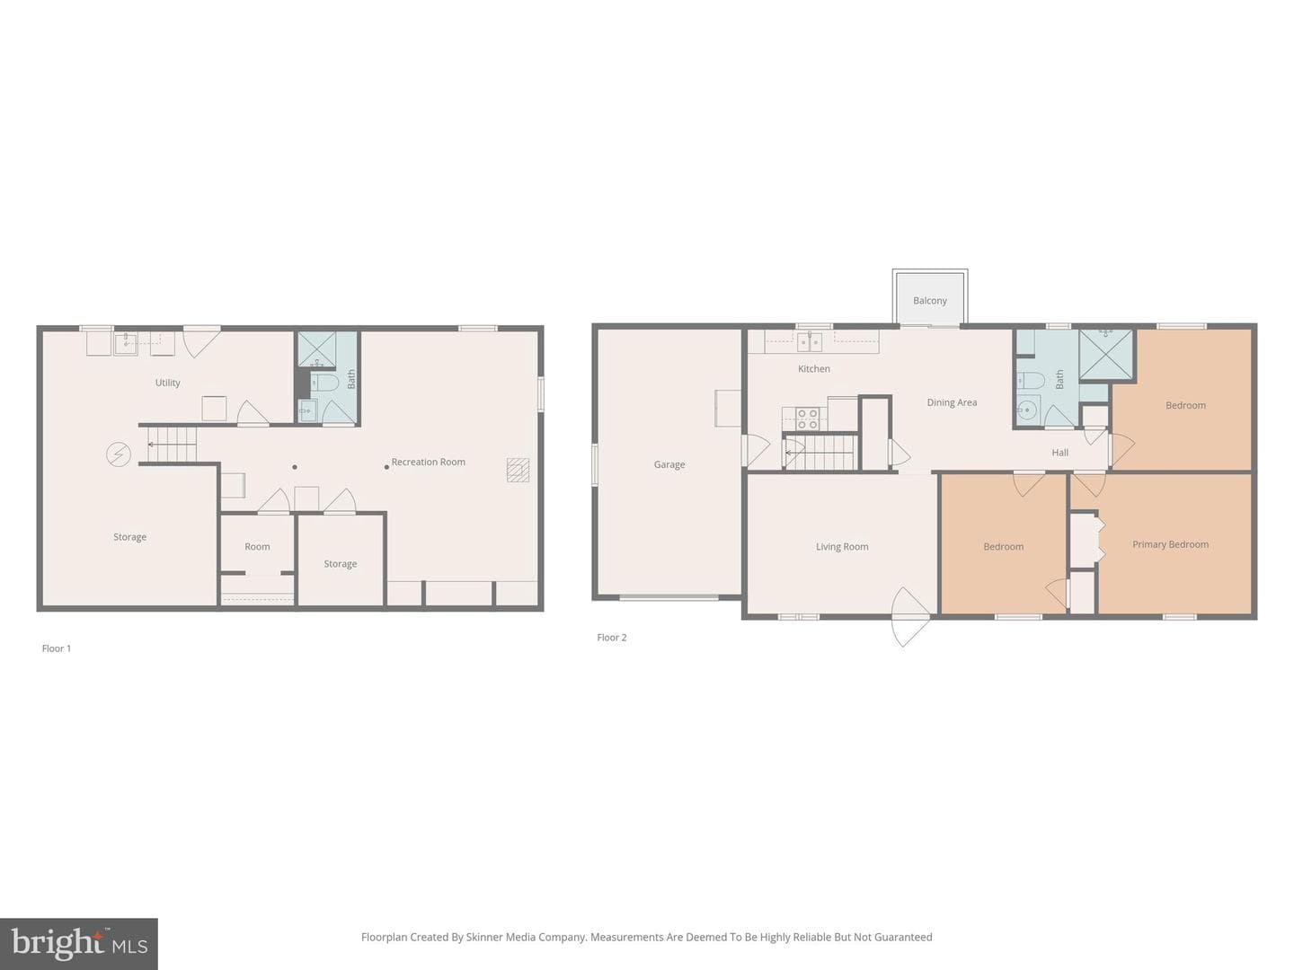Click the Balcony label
(x=930, y=300)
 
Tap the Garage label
(x=669, y=464)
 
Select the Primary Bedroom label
(x=1170, y=545)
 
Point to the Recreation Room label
(x=428, y=463)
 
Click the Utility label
(x=167, y=383)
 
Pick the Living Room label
(x=842, y=547)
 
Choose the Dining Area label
(x=952, y=403)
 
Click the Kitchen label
(x=813, y=369)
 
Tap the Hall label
(x=1060, y=453)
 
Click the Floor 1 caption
(x=56, y=648)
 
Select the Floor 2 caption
(x=611, y=638)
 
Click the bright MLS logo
(x=79, y=943)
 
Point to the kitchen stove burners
(x=807, y=419)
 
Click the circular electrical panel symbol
(x=119, y=454)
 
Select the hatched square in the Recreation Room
(x=518, y=470)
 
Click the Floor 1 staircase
(x=172, y=445)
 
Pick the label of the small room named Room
(x=257, y=547)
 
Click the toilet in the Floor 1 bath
(x=324, y=384)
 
